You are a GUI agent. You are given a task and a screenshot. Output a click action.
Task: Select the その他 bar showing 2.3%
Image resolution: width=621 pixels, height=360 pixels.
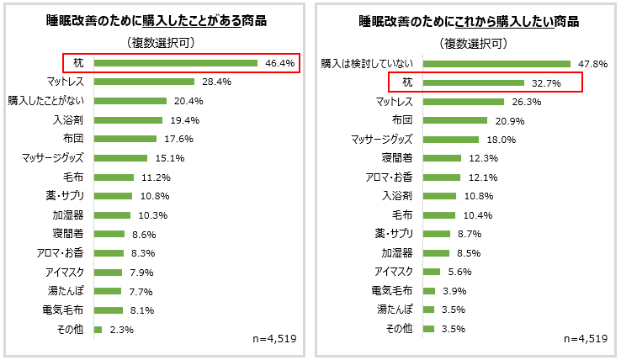click(x=98, y=330)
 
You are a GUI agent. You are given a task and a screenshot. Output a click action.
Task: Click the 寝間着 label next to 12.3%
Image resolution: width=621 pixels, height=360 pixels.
click(x=397, y=158)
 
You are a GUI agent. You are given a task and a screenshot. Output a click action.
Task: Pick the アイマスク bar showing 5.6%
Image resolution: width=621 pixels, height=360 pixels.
click(x=432, y=272)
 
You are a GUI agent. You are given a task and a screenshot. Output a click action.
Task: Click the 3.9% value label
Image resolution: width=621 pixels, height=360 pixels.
click(x=454, y=291)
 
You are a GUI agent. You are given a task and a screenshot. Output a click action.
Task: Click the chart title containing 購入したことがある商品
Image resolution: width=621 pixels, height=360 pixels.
click(x=156, y=21)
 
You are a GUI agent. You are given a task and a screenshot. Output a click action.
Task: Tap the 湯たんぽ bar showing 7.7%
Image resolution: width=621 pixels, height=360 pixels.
click(x=109, y=291)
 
